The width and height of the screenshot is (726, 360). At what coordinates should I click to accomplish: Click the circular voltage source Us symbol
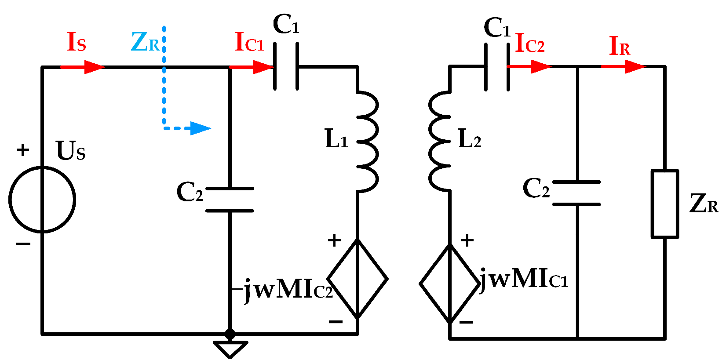[x=42, y=199]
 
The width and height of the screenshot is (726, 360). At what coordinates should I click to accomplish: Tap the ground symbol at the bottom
[x=230, y=349]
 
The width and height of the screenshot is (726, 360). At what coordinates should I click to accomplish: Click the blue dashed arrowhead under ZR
[x=201, y=128]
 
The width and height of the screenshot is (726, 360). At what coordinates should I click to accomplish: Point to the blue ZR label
[x=145, y=43]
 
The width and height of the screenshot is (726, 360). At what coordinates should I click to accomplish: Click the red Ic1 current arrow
[x=252, y=67]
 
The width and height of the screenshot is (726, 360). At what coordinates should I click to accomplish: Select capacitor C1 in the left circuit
[x=286, y=66]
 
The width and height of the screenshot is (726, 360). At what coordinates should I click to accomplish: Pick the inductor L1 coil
[x=368, y=142]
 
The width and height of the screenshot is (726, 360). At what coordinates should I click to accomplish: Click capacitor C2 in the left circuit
[x=230, y=200]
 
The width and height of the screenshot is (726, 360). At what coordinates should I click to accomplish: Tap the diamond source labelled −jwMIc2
[x=358, y=279]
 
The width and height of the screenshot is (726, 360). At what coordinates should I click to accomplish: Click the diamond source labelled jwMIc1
[x=450, y=284]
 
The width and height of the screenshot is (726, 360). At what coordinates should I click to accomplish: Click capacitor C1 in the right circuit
[x=497, y=67]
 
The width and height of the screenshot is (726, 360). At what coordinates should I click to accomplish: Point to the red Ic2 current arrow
[x=529, y=67]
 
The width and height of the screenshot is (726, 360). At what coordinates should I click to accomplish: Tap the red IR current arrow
[x=623, y=67]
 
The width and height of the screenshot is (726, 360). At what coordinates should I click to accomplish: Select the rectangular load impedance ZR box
[x=664, y=204]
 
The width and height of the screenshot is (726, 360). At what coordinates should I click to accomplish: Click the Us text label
[x=70, y=151]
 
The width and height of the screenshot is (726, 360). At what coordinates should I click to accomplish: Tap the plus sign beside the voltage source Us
[x=23, y=150]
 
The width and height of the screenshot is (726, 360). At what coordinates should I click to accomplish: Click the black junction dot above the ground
[x=230, y=334]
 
